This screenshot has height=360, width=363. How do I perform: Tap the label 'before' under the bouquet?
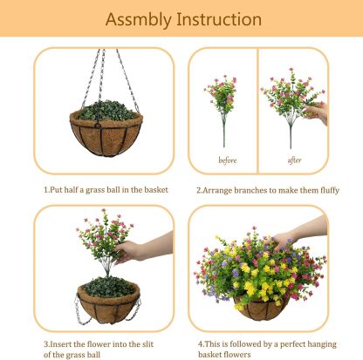(227, 160)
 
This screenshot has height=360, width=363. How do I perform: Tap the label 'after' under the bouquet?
(294, 160)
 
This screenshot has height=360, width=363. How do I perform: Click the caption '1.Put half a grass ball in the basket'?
(106, 189)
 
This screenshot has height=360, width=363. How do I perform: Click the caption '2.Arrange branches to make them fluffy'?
(267, 189)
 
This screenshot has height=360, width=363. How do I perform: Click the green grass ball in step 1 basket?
(106, 111)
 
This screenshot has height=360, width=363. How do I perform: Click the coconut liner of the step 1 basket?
(106, 136)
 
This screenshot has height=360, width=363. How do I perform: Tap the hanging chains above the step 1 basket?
(106, 74)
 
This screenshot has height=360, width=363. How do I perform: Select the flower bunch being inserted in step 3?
(103, 240)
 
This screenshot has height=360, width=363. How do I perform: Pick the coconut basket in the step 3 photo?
(108, 305)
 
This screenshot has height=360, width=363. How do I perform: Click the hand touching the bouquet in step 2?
(319, 111)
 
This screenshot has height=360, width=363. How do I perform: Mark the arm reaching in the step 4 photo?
(305, 228)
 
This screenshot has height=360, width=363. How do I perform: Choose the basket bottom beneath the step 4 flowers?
(259, 309)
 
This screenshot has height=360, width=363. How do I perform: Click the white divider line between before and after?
(257, 109)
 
